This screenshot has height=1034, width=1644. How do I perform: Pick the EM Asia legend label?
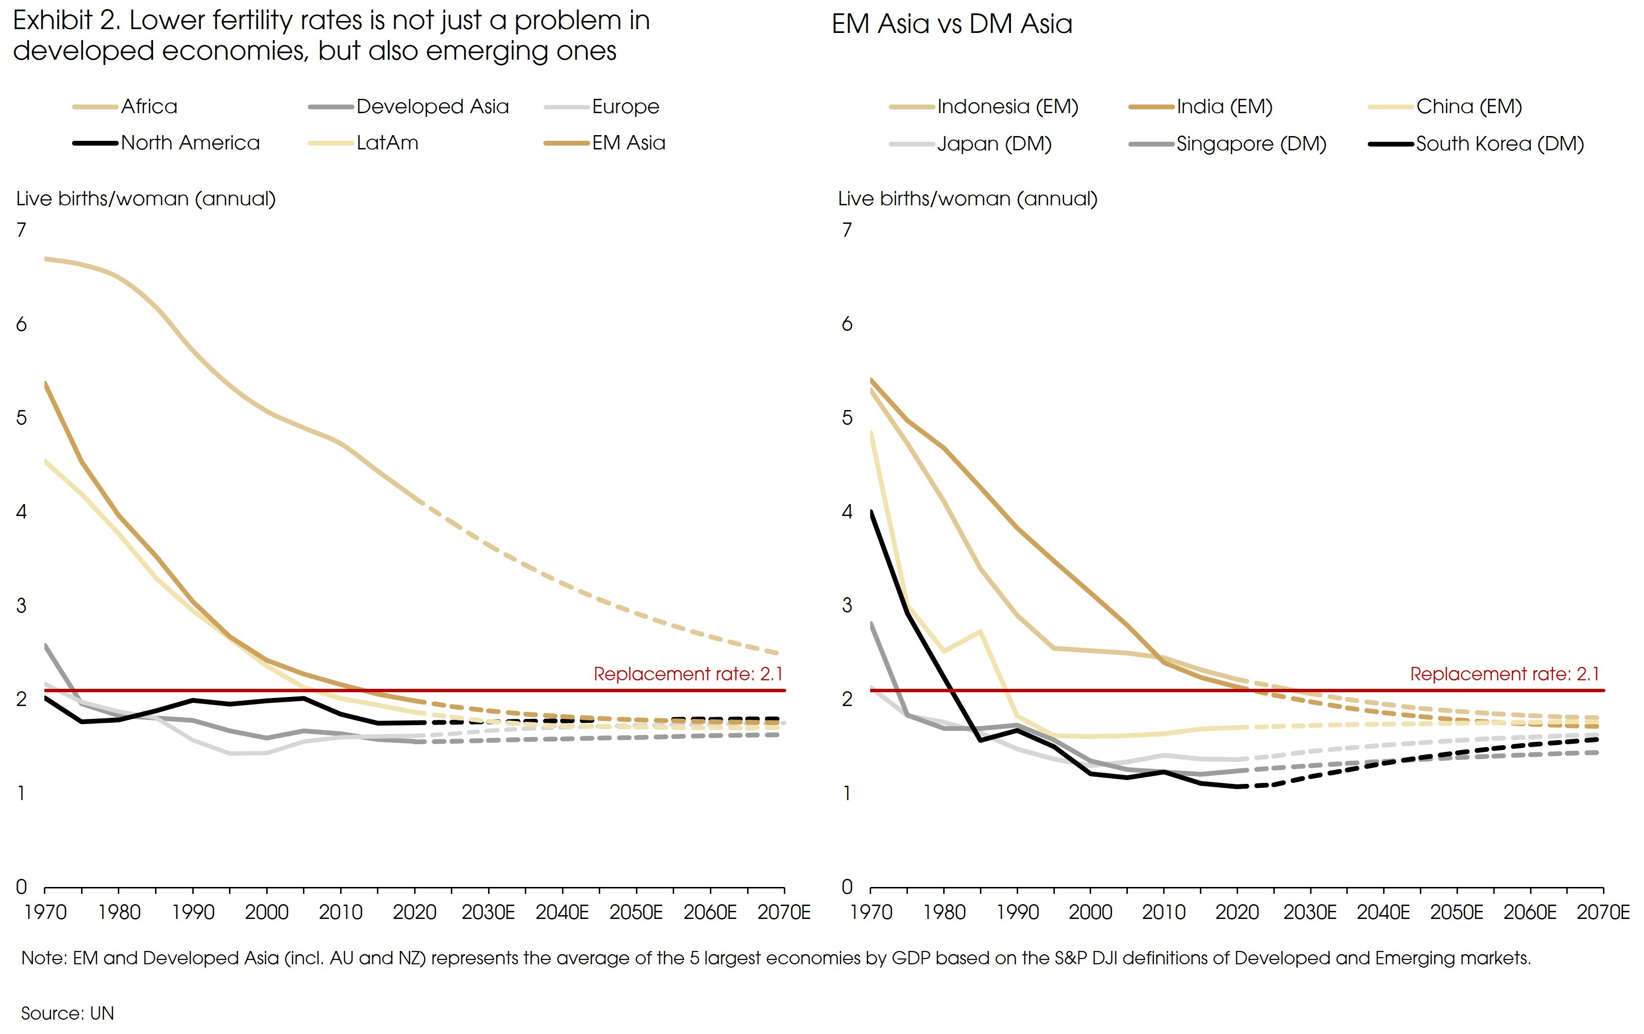point(628,143)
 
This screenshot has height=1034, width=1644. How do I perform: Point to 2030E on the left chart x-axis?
point(488,912)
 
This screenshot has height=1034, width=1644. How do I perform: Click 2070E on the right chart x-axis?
point(1603,912)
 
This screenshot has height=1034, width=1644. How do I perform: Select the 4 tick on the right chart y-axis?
point(847,512)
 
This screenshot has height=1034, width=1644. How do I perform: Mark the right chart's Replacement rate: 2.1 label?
point(1505,674)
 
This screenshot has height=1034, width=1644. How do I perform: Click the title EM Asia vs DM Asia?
point(952,24)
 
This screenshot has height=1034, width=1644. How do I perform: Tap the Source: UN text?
point(68,1013)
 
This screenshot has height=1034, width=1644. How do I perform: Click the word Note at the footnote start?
point(42,958)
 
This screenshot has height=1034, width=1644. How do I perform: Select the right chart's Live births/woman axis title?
point(968,199)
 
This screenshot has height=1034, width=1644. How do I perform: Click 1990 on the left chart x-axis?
point(193,912)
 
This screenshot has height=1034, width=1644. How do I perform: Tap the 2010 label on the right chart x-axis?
point(1164,912)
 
